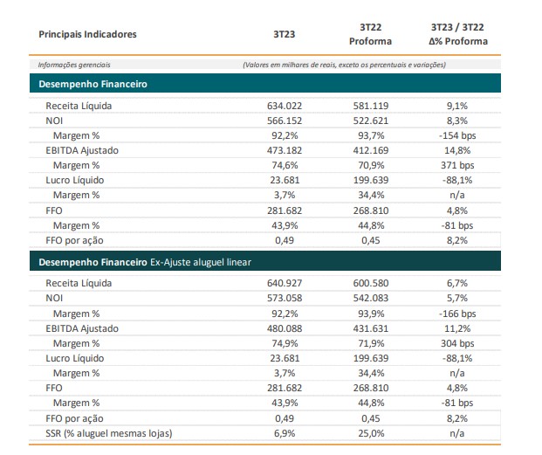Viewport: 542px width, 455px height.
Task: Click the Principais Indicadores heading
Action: [x=87, y=34]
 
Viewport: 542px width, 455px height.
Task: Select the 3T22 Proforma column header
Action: [x=370, y=34]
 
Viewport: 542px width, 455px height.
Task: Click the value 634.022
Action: [x=285, y=106]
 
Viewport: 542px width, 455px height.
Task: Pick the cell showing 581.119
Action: [x=371, y=106]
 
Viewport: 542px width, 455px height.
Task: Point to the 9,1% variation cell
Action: [x=457, y=106]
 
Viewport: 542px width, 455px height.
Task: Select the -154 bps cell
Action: [x=457, y=135]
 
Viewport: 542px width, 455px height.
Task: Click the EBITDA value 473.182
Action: [x=285, y=150]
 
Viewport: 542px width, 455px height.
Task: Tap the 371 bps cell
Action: [x=457, y=165]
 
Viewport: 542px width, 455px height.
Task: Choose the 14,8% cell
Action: [x=457, y=150]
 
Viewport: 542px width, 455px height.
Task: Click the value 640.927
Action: [x=285, y=283]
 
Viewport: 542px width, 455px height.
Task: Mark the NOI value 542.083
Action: [x=371, y=298]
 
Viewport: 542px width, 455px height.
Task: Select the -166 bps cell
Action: [x=457, y=314]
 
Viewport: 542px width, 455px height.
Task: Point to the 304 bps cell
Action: [x=457, y=343]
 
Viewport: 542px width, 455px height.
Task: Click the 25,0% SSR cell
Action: [x=371, y=433]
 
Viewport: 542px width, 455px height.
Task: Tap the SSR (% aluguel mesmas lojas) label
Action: [x=108, y=433]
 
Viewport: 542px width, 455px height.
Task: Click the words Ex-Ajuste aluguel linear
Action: [x=201, y=262]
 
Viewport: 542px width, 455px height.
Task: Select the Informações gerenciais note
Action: [x=74, y=65]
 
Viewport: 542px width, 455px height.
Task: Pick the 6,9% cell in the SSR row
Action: [x=285, y=433]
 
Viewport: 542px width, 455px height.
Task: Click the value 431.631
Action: [x=371, y=328]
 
